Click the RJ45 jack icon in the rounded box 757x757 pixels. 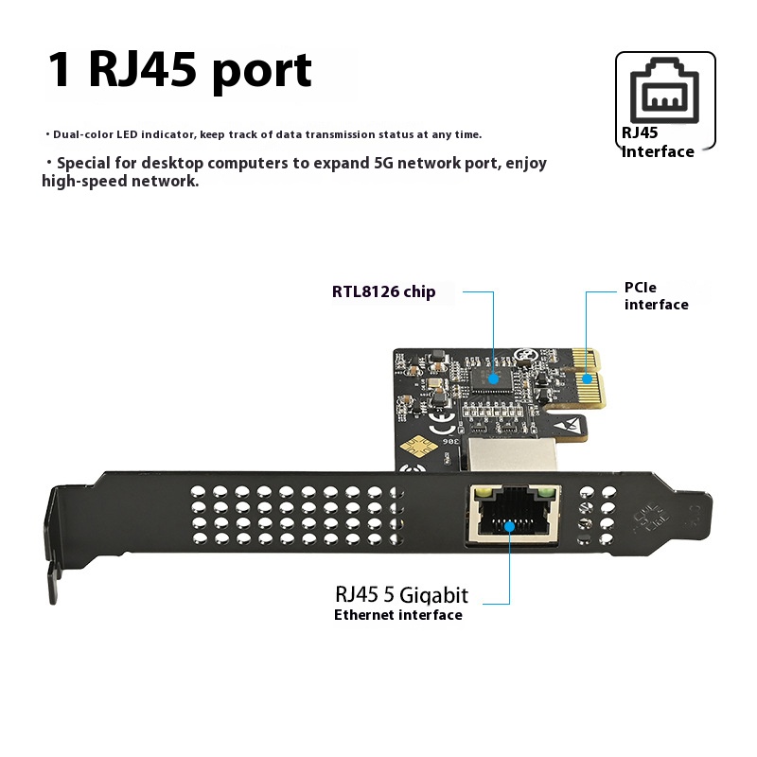665,93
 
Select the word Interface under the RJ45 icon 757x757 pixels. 659,151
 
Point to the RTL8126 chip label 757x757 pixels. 383,291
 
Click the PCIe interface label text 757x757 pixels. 656,295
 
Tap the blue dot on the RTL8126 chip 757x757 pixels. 491,377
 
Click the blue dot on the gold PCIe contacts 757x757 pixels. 587,378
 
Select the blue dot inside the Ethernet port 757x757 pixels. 510,526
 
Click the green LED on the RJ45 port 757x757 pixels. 545,493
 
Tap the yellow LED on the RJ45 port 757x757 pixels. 483,493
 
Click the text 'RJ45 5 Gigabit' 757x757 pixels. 401,594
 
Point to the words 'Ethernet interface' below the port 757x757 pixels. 397,615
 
